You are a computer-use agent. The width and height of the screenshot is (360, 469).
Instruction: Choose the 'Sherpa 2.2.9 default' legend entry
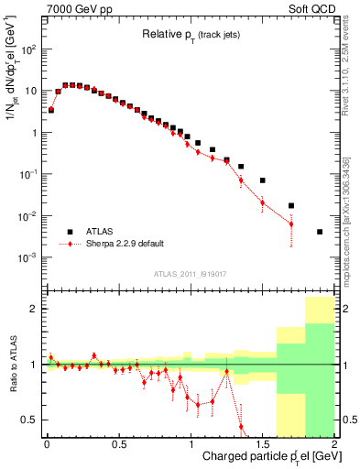click(134, 245)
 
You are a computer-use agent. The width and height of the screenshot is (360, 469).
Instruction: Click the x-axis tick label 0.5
click(118, 442)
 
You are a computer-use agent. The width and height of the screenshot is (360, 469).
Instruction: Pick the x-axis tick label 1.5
click(263, 442)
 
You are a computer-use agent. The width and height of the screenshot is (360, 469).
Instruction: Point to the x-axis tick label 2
click(334, 442)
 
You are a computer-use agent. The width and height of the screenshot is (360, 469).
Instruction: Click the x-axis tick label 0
click(47, 442)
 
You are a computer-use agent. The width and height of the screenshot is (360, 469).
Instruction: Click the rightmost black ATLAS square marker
click(320, 232)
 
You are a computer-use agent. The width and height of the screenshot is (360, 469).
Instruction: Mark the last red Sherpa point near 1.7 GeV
click(291, 224)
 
